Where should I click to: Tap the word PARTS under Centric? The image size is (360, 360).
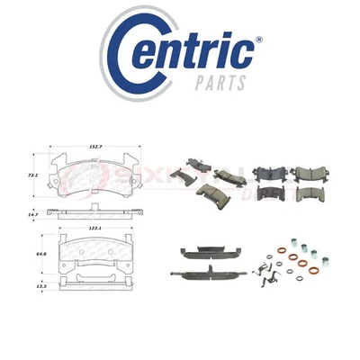(x=220, y=83)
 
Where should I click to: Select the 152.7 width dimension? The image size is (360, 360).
(x=96, y=145)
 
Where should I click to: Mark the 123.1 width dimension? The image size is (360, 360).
(x=96, y=230)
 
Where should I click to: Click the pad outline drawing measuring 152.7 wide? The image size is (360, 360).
(x=96, y=178)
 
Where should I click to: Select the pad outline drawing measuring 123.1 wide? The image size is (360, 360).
(x=96, y=256)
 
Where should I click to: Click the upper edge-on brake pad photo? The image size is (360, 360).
(x=207, y=252)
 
